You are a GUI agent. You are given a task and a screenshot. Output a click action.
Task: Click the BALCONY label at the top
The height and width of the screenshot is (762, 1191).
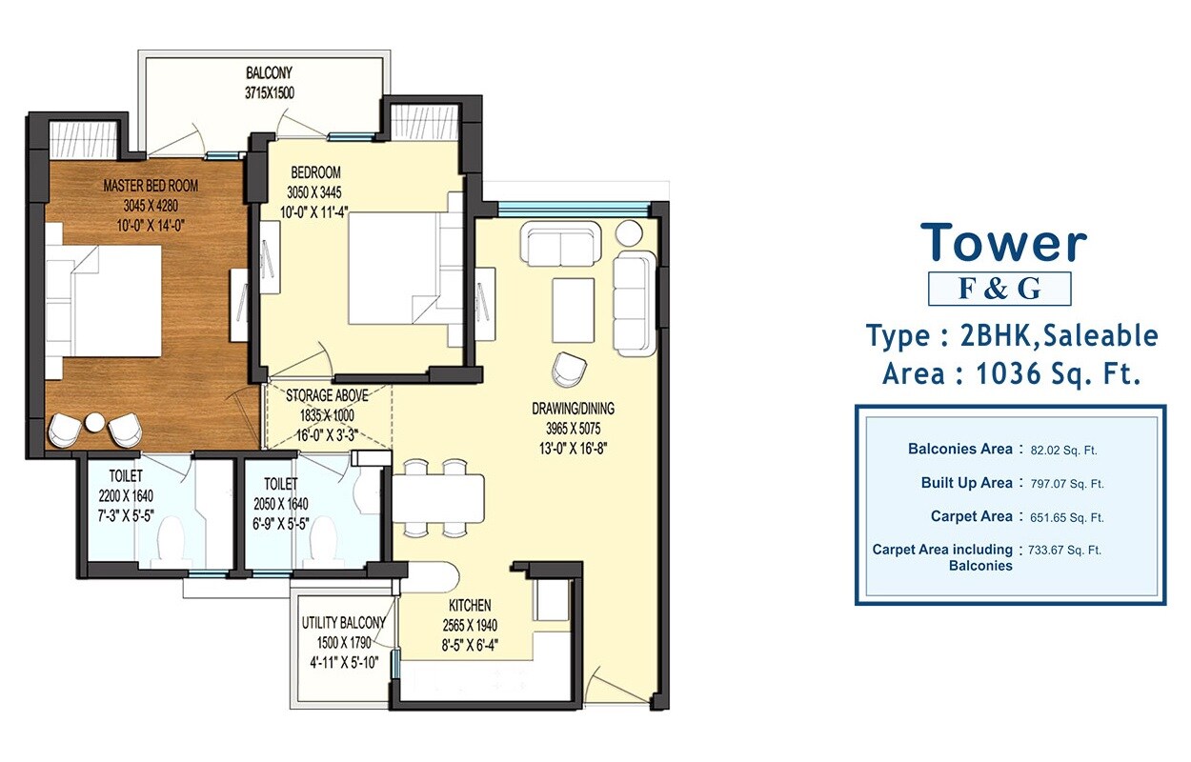click(268, 72)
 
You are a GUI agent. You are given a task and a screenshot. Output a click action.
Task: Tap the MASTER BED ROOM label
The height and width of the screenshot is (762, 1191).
click(151, 186)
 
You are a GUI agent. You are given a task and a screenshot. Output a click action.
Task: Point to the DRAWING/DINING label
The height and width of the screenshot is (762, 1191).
click(573, 409)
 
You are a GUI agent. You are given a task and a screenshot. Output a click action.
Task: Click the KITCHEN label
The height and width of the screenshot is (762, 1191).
click(470, 605)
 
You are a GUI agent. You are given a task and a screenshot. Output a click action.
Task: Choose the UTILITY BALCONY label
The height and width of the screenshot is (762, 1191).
click(343, 623)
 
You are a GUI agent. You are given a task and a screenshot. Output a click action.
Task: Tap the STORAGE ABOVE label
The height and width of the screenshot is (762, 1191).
click(327, 395)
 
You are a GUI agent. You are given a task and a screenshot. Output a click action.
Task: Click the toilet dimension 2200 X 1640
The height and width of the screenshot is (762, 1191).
click(125, 496)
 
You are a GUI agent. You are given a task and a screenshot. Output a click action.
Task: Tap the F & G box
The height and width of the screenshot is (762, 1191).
click(999, 289)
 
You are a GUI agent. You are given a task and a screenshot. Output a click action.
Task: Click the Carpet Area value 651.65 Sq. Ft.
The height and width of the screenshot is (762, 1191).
click(1065, 518)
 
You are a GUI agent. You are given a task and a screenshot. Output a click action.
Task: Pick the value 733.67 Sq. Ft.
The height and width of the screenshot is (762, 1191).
click(1065, 551)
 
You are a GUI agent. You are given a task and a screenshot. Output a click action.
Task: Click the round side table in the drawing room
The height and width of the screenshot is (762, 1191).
click(629, 232)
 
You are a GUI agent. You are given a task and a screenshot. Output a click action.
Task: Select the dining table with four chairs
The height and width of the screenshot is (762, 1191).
click(437, 496)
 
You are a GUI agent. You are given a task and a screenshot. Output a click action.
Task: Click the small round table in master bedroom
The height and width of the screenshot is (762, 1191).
click(94, 423)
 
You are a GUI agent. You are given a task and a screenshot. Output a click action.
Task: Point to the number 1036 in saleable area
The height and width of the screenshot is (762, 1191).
click(1015, 372)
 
